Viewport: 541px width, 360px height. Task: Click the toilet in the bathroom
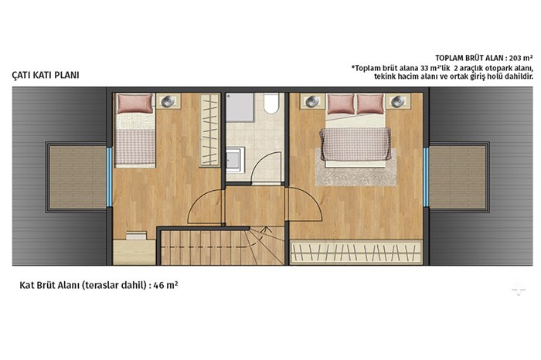tap(271, 103)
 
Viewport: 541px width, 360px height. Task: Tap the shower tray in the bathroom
tap(240, 107)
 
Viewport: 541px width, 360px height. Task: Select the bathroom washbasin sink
tap(235, 159)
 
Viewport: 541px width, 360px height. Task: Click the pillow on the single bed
tap(134, 104)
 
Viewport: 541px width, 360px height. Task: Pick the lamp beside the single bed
tap(168, 101)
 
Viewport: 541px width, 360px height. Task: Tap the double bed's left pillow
tap(341, 104)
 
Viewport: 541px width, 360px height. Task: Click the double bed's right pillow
tap(370, 104)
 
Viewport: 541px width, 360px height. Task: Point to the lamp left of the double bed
tap(312, 101)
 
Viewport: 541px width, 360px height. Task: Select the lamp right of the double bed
tap(398, 101)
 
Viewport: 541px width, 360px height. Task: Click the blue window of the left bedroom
tap(109, 177)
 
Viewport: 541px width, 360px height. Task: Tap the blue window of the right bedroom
tap(426, 177)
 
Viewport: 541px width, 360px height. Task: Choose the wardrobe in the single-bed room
tap(209, 130)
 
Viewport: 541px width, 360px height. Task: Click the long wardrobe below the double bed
tap(356, 253)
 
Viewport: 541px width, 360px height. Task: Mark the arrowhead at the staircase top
tap(266, 228)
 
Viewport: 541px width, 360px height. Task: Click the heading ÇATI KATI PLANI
tap(46, 75)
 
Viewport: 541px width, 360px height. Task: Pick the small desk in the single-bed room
tap(134, 252)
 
